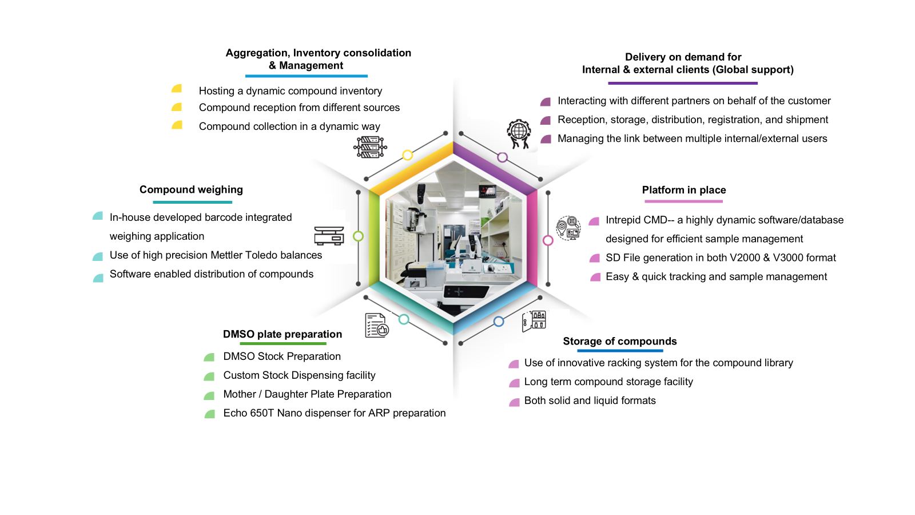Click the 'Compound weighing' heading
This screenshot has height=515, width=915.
[x=191, y=189]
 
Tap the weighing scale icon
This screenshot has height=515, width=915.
[x=329, y=236]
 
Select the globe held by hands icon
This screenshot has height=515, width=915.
[x=519, y=134]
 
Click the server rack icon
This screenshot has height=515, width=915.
[x=370, y=147]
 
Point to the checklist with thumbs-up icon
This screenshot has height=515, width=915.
[x=377, y=326]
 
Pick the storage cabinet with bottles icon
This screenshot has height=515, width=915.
[x=534, y=321]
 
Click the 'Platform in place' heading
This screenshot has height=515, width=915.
[x=684, y=190]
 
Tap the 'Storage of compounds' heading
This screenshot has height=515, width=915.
[x=620, y=341]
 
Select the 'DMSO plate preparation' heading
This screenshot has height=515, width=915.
[x=283, y=334]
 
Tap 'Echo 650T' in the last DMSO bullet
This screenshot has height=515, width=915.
[x=248, y=413]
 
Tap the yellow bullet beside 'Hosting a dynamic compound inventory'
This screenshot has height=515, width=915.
[x=177, y=89]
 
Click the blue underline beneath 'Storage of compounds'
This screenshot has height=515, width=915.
[x=620, y=351]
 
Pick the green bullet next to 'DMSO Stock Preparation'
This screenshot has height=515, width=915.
[x=209, y=357]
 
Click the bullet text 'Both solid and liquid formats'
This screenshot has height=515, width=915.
[x=590, y=401]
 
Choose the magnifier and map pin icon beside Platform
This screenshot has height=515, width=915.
[x=568, y=228]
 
